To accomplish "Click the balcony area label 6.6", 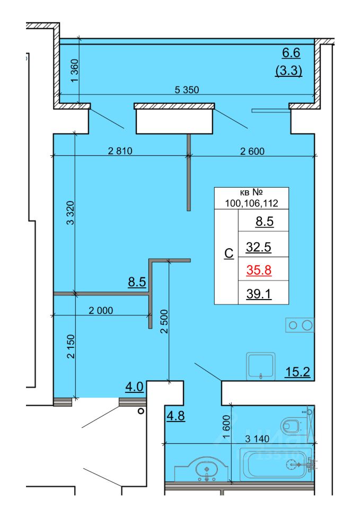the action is click(x=291, y=52).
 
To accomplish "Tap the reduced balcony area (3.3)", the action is click(x=288, y=70).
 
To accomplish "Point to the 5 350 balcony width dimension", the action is click(x=187, y=90).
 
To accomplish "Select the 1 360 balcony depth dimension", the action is click(x=74, y=71).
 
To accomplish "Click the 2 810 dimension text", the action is click(x=120, y=151).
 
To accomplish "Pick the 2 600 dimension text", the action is click(x=252, y=151).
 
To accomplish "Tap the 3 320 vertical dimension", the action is click(x=71, y=213).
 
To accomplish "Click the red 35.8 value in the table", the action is click(x=259, y=270).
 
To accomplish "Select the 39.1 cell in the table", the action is click(x=259, y=294).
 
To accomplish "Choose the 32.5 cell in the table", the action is click(x=258, y=247).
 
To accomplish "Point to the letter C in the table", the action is click(x=229, y=253).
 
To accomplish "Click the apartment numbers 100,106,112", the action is click(x=252, y=203).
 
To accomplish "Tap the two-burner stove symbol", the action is click(x=300, y=325).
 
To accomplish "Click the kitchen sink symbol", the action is click(x=261, y=366).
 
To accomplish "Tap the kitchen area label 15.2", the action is click(x=297, y=372).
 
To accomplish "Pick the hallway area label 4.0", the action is click(x=135, y=387).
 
